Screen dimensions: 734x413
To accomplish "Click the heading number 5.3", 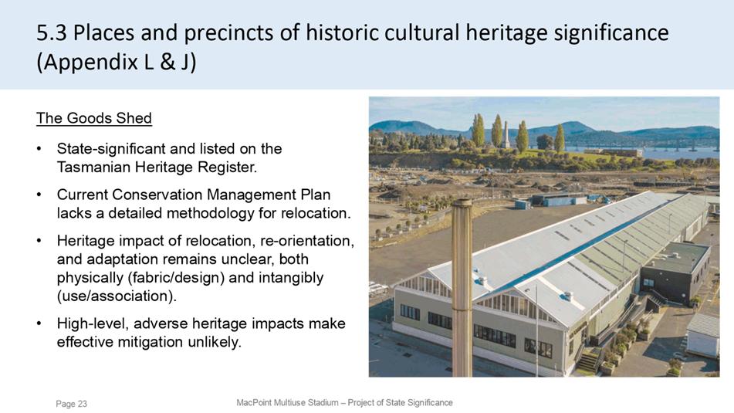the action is (x=52, y=32).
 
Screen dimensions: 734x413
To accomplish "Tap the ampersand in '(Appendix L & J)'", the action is (x=167, y=63).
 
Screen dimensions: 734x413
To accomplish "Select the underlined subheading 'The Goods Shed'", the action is (x=94, y=118).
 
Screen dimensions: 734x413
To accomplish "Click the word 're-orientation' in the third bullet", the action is (x=307, y=241).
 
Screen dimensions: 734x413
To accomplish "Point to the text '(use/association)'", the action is (x=117, y=296).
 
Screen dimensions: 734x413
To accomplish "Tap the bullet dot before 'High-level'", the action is (x=40, y=323).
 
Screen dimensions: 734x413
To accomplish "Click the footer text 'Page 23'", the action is (x=71, y=404).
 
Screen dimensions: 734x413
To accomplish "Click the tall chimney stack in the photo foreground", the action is (x=462, y=287).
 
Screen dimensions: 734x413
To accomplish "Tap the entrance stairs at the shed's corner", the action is (x=588, y=361).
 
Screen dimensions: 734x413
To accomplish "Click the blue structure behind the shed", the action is (x=557, y=201).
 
